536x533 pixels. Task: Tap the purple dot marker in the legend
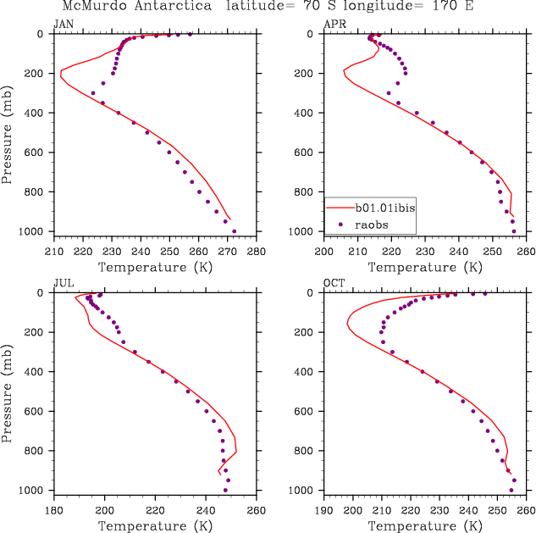(340, 224)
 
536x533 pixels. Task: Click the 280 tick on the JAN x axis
(257, 251)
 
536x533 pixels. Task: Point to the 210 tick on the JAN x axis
(53, 251)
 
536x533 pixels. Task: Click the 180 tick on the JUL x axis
(53, 509)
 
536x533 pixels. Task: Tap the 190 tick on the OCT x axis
(324, 509)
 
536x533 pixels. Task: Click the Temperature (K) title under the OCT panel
(425, 525)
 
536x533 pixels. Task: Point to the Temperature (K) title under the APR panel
(425, 267)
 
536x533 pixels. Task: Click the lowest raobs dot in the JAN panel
(234, 231)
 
